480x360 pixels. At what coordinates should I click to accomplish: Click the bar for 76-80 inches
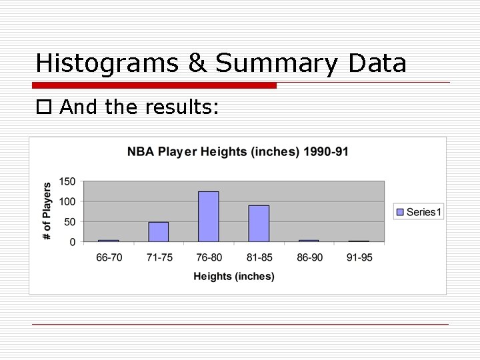pyautogui.click(x=209, y=216)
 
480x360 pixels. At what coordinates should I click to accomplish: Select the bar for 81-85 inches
pyautogui.click(x=259, y=223)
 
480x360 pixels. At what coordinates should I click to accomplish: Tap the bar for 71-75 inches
pyautogui.click(x=159, y=231)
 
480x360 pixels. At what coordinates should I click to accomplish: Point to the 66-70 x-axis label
pyautogui.click(x=109, y=257)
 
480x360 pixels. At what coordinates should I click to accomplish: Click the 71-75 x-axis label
pyautogui.click(x=159, y=257)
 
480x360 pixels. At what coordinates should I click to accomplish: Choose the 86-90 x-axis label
pyautogui.click(x=309, y=257)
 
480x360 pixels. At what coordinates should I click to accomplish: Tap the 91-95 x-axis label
pyautogui.click(x=359, y=257)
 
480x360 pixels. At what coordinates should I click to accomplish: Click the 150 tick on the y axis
pyautogui.click(x=68, y=181)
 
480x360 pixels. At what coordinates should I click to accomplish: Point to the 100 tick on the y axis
pyautogui.click(x=68, y=201)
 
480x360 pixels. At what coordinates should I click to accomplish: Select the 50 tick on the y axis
pyautogui.click(x=70, y=221)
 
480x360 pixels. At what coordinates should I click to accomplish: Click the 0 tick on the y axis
pyautogui.click(x=73, y=242)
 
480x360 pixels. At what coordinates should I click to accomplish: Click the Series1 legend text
pyautogui.click(x=424, y=212)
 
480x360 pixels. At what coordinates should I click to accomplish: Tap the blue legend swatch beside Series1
pyautogui.click(x=400, y=212)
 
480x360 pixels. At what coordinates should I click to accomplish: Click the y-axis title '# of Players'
pyautogui.click(x=47, y=211)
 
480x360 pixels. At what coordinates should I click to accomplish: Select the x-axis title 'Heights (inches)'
pyautogui.click(x=233, y=276)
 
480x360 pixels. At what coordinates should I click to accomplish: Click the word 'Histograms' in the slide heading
pyautogui.click(x=107, y=63)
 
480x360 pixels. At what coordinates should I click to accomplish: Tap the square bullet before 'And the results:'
pyautogui.click(x=44, y=107)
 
